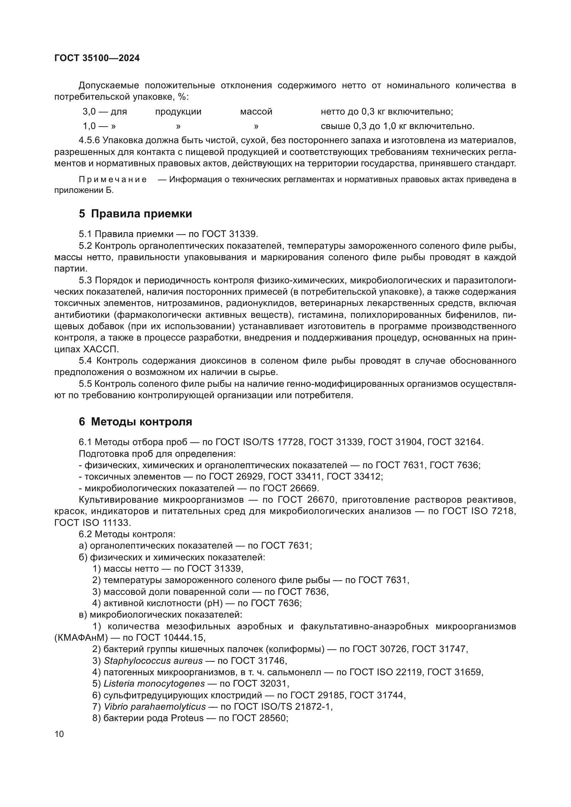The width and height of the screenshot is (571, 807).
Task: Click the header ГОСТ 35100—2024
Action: (97, 58)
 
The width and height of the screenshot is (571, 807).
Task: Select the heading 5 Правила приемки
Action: (135, 213)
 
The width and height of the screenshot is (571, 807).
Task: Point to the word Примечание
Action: (113, 180)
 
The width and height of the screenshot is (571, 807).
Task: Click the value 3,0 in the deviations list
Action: (89, 112)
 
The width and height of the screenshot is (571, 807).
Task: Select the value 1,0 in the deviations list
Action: (89, 126)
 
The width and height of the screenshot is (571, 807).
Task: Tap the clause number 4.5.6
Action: (89, 140)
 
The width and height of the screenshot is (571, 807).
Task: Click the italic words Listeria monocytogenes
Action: (154, 683)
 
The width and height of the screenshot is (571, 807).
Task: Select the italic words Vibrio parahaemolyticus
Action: (155, 707)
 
